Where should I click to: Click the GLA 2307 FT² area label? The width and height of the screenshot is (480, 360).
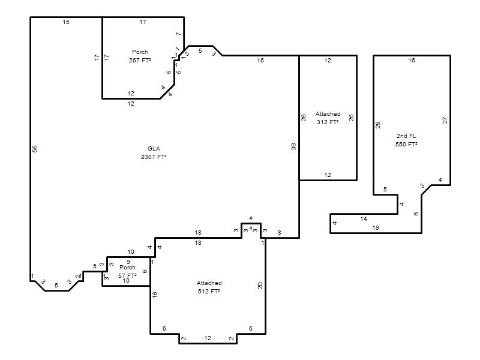coord(154,153)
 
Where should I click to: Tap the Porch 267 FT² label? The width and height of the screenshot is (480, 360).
coord(140,56)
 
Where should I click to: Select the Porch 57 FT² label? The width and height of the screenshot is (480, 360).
coord(127,272)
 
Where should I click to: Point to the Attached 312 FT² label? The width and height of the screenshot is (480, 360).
coord(328,118)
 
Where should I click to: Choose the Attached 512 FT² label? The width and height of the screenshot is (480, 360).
coord(209,287)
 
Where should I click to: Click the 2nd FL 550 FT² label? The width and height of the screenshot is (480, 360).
coord(406,140)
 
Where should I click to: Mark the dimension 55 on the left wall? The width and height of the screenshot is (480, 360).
coord(35,149)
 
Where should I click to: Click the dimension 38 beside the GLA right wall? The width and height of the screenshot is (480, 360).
coord(294,146)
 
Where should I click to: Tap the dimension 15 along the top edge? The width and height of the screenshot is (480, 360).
coord(66,22)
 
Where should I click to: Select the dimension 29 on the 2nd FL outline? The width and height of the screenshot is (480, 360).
coord(378,125)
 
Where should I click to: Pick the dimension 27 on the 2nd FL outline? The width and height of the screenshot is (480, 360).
coord(445,121)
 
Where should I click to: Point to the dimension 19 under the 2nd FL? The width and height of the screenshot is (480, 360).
coord(376,228)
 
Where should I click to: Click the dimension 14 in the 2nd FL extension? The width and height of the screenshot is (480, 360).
coord(364,219)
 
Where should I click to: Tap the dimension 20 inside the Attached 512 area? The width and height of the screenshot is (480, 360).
coord(260,286)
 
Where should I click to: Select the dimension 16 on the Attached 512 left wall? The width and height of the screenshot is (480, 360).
coord(155,295)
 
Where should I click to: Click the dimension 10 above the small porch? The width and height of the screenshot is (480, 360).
coord(131,252)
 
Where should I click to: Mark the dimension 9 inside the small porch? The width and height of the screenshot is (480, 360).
coord(128,262)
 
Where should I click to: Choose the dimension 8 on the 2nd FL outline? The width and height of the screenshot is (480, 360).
coord(416,214)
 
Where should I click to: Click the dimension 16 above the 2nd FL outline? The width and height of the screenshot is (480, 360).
coord(412,61)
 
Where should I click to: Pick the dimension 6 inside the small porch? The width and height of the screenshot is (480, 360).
coord(145,271)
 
